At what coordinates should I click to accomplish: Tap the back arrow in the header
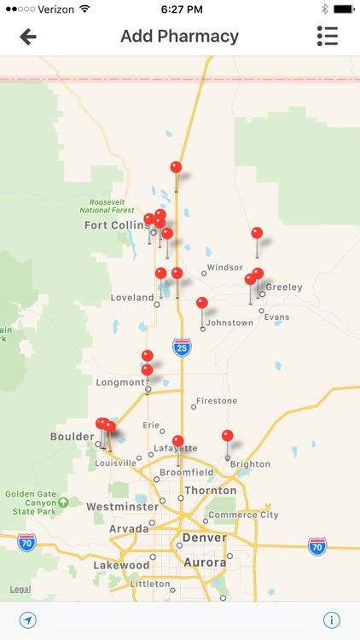pos(28,37)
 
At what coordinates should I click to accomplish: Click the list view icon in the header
pos(327,36)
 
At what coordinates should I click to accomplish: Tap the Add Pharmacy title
pos(179,37)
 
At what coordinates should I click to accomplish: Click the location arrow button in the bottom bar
pos(28,620)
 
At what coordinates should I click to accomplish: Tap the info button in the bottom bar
pos(331,620)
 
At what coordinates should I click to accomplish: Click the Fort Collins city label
pos(116,225)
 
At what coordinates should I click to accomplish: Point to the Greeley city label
pos(283,288)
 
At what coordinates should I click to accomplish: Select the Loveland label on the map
pos(132,298)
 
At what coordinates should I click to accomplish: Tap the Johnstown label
pos(230,323)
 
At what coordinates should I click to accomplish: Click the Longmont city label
pos(120,382)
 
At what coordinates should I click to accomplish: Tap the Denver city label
pos(203,537)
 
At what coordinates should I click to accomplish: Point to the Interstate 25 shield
pos(181,346)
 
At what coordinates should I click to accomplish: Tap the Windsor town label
pos(225,267)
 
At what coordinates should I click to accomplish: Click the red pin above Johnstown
pos(202,303)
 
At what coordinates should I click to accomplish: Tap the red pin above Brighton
pos(227,436)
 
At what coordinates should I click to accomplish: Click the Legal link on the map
pos(20,589)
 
